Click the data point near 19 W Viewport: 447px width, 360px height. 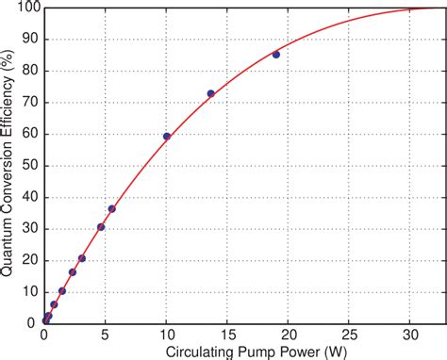[276, 55]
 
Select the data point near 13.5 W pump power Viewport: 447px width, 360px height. [210, 93]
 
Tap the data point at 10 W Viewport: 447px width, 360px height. [167, 137]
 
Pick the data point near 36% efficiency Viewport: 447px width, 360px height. [111, 208]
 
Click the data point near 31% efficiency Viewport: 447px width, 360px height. [101, 226]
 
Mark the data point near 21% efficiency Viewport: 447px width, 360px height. [82, 258]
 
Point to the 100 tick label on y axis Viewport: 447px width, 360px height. [26, 8]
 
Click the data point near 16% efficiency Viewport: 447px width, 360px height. [73, 271]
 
